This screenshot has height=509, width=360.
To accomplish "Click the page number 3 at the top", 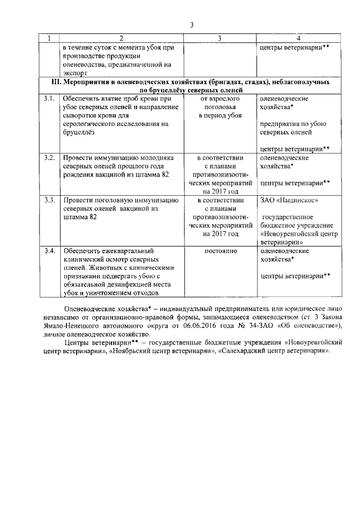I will coord(191,25).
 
